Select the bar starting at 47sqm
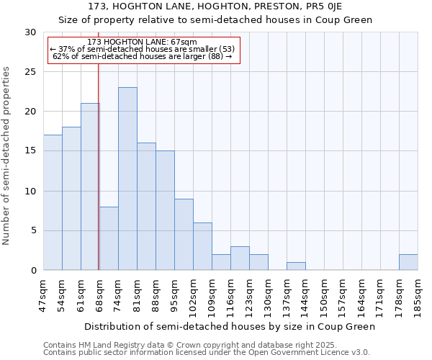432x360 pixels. (53, 202)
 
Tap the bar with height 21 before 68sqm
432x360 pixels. (90, 186)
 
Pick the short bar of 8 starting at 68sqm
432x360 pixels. (109, 238)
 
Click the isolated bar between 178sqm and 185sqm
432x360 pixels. (408, 262)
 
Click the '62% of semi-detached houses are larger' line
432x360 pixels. (143, 56)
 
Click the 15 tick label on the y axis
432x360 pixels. (30, 151)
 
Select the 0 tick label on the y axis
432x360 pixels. (33, 271)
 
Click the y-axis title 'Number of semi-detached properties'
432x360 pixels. (7, 156)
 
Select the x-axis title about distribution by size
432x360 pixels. (230, 326)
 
